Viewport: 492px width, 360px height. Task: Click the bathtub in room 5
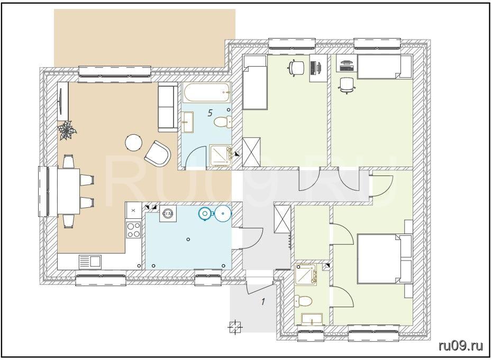207,93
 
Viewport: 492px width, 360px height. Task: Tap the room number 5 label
210,113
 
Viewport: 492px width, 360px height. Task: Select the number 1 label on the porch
263,302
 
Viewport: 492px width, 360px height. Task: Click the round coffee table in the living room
134,143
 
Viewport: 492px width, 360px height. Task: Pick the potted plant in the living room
67,131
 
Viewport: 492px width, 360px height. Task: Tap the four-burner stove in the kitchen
133,229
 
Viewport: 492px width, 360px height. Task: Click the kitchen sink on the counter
90,262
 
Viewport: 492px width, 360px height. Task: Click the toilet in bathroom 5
223,122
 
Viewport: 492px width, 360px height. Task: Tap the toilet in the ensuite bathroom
303,301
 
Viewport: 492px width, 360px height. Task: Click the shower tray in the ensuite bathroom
306,275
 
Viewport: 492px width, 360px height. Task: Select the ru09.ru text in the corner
461,346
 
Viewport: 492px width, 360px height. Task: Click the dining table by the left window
69,191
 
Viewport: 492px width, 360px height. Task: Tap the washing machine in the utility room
166,214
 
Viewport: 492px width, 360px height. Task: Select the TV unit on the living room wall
63,101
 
